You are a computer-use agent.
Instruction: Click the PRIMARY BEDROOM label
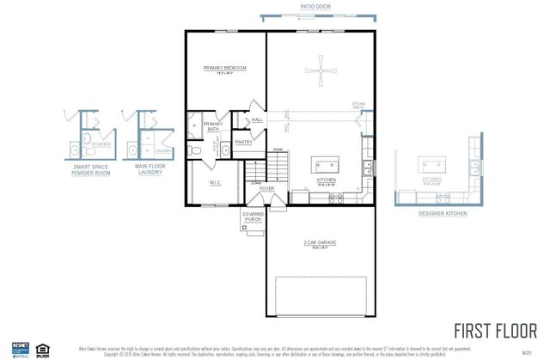click(225, 67)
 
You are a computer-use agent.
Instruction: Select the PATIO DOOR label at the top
click(315, 6)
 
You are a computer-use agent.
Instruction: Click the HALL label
click(257, 119)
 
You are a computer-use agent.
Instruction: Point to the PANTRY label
click(243, 143)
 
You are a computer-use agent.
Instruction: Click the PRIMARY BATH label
click(212, 126)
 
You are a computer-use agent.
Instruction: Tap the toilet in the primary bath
click(196, 150)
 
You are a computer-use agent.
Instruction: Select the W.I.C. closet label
click(216, 182)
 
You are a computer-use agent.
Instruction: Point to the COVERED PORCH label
click(253, 217)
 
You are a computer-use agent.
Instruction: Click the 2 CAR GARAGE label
click(320, 243)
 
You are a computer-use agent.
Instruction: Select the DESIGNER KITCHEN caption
click(443, 213)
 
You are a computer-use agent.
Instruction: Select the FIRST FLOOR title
click(496, 331)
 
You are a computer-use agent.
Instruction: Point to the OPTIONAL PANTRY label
click(358, 107)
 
